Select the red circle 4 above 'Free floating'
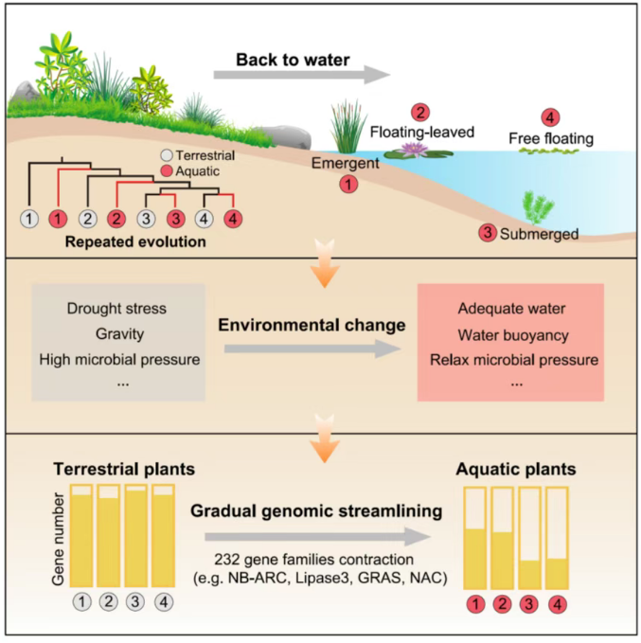click(x=549, y=118)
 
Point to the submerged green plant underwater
click(x=535, y=204)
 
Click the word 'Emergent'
click(x=347, y=163)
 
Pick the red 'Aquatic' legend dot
click(x=166, y=170)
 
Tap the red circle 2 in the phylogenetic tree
click(x=116, y=220)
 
